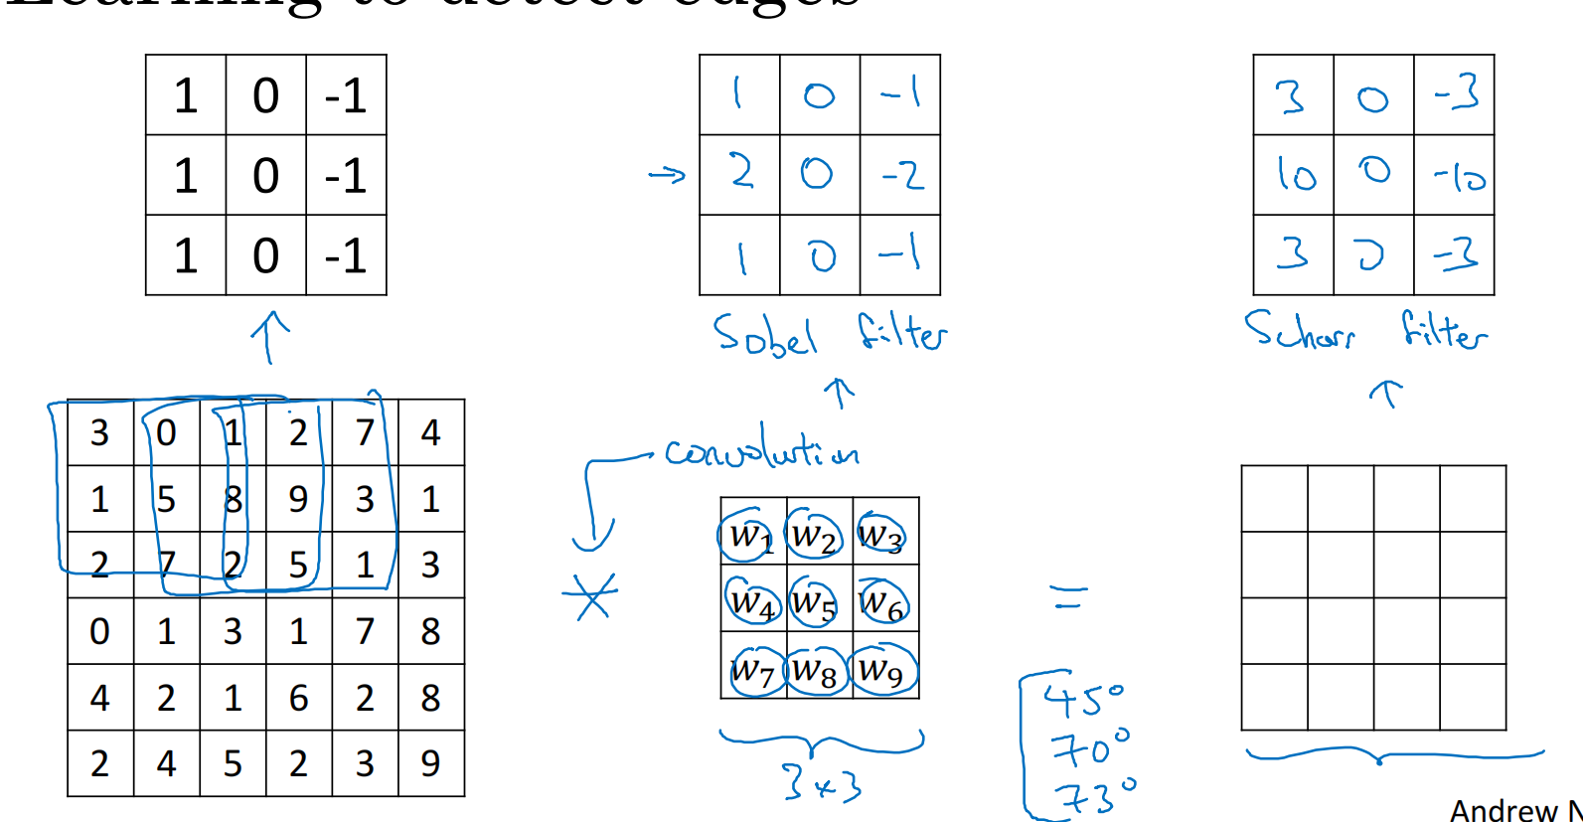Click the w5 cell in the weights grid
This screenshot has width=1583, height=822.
pos(814,601)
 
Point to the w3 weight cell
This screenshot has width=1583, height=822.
pos(881,536)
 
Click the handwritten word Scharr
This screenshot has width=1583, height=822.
pos(1300,330)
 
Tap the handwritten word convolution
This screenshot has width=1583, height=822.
pos(762,449)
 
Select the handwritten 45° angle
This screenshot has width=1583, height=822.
pos(1083,698)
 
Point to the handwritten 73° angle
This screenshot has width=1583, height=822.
pos(1093,795)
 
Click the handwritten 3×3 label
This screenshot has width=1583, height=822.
pos(821,783)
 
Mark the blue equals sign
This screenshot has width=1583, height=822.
pos(1069,596)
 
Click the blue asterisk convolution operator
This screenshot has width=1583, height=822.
pos(591,596)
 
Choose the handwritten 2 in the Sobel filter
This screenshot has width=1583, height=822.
pos(741,173)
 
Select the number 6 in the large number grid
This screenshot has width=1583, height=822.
pos(298,698)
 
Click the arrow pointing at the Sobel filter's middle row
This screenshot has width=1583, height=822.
pos(667,176)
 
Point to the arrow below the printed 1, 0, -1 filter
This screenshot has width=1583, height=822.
pos(269,336)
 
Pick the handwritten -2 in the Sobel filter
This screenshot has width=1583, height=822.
pos(902,176)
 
